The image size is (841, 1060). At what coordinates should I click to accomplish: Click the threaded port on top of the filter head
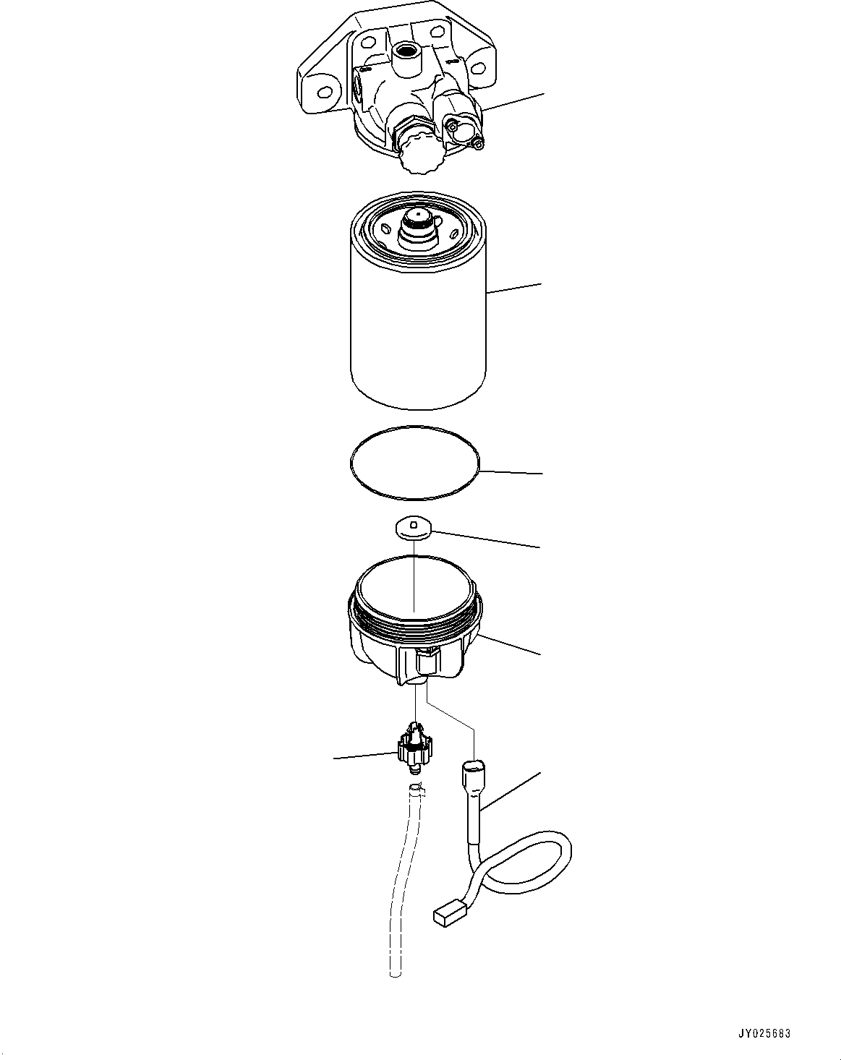pos(404,53)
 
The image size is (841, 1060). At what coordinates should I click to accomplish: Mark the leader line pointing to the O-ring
pos(510,473)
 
